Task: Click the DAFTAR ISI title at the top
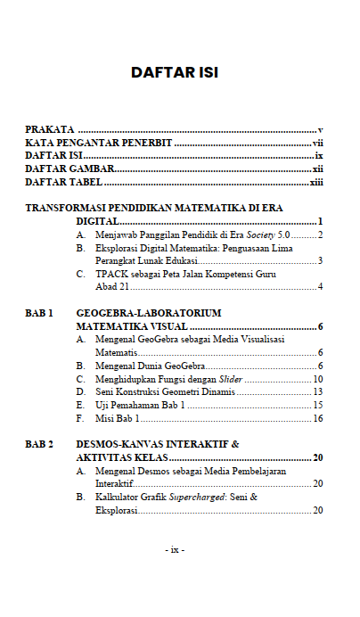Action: pyautogui.click(x=175, y=72)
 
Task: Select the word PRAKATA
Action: pyautogui.click(x=49, y=130)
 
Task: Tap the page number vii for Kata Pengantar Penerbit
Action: pyautogui.click(x=317, y=143)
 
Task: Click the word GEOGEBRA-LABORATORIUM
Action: pyautogui.click(x=149, y=313)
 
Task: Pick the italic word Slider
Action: pyautogui.click(x=231, y=379)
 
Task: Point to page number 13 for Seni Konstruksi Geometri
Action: pyautogui.click(x=317, y=391)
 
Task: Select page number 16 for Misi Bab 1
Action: pyautogui.click(x=317, y=418)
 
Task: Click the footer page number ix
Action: pyautogui.click(x=175, y=549)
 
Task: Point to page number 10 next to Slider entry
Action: pyautogui.click(x=317, y=379)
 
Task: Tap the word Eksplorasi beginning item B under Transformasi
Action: pyautogui.click(x=119, y=248)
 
